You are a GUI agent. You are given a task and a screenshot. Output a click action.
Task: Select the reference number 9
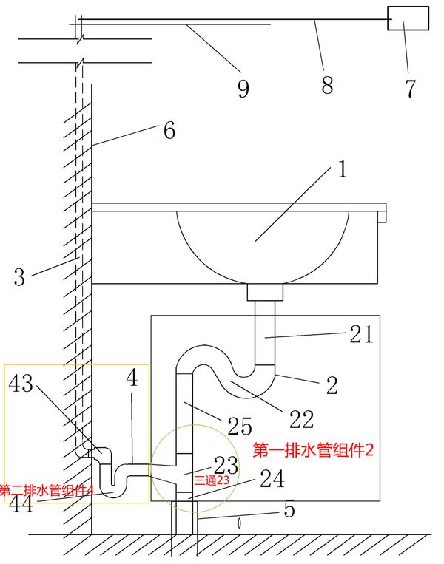tap(243, 89)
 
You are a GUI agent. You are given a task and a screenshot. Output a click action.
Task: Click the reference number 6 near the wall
tap(169, 132)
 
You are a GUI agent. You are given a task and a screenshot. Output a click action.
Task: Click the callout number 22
tap(302, 419)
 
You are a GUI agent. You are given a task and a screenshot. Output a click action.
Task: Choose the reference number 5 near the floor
tap(289, 509)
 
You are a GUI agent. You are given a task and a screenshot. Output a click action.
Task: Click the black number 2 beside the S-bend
tap(332, 385)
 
